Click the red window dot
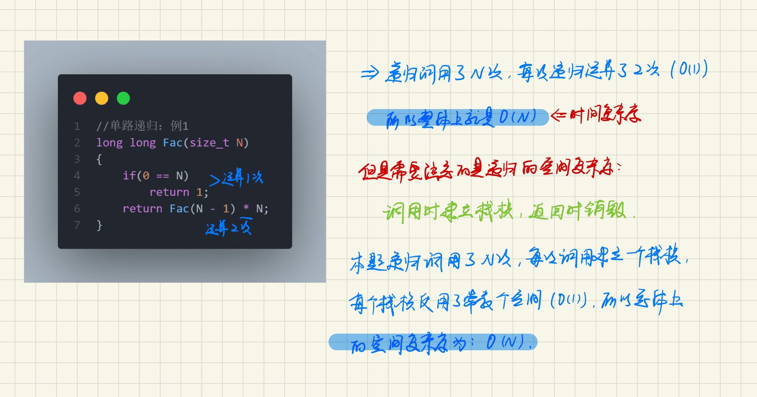(x=80, y=98)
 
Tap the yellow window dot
(x=102, y=98)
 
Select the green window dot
(x=123, y=98)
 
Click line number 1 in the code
(x=77, y=126)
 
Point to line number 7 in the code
(x=77, y=225)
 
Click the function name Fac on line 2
(x=172, y=143)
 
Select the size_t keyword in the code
(x=209, y=143)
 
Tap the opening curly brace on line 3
(x=99, y=159)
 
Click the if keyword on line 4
(x=129, y=175)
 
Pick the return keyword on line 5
(x=169, y=192)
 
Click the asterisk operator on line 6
(x=246, y=208)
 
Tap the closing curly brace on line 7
(x=99, y=225)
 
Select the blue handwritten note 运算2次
(x=229, y=227)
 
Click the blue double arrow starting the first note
(x=370, y=73)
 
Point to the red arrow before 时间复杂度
(x=558, y=116)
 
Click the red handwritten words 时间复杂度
(x=605, y=115)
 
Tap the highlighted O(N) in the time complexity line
(x=517, y=117)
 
